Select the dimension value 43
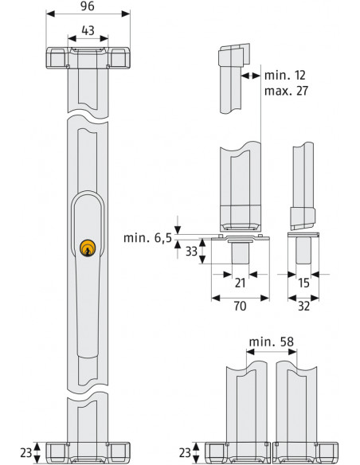click(x=88, y=30)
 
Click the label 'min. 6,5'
click(x=148, y=238)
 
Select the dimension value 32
click(x=303, y=305)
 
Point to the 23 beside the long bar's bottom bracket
click(x=25, y=452)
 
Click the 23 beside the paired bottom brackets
click(x=185, y=452)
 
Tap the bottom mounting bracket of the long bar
click(x=88, y=452)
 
